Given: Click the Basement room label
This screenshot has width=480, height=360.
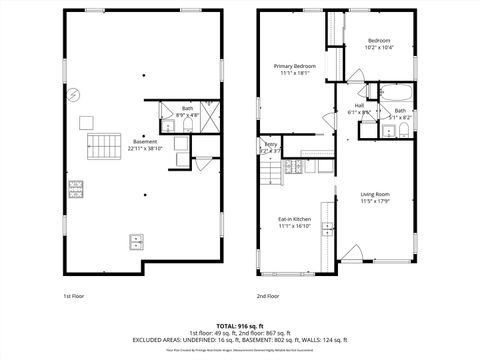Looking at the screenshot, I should tap(145, 142).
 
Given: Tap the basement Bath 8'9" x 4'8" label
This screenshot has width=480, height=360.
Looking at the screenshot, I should tap(187, 112).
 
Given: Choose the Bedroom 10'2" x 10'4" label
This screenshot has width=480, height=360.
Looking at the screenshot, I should tap(384, 43).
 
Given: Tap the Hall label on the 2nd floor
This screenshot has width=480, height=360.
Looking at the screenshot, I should tap(359, 106).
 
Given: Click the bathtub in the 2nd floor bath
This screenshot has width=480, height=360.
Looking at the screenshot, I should tap(391, 94).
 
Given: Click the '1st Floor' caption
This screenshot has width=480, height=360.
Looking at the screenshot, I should tap(74, 297).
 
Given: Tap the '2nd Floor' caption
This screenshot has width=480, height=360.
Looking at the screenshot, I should tap(266, 297).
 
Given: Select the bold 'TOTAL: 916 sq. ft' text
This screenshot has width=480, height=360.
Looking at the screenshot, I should tap(240, 325).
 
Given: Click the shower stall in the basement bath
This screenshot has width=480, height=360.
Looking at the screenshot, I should tap(209, 111).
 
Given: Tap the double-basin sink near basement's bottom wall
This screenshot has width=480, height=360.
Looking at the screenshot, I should tap(137, 240).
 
